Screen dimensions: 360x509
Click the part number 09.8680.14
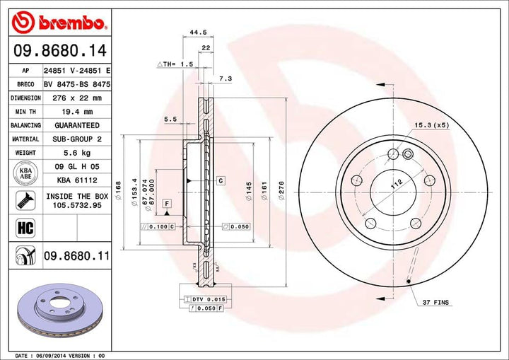(x=59, y=50)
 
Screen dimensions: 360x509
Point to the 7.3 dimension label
(x=225, y=79)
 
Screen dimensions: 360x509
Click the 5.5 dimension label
(x=170, y=120)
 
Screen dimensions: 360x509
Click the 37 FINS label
(x=437, y=303)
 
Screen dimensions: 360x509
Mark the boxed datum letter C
(x=221, y=182)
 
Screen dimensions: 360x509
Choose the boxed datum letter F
(x=167, y=204)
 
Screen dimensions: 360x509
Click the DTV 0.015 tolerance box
(x=204, y=301)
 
